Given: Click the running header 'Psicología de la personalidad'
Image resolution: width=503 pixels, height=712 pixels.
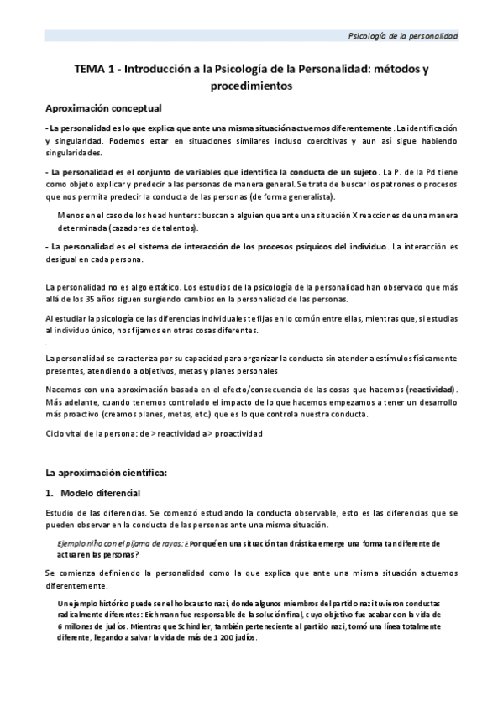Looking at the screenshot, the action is coord(404,36).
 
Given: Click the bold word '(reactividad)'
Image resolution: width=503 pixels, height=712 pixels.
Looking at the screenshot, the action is coord(431,390).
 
